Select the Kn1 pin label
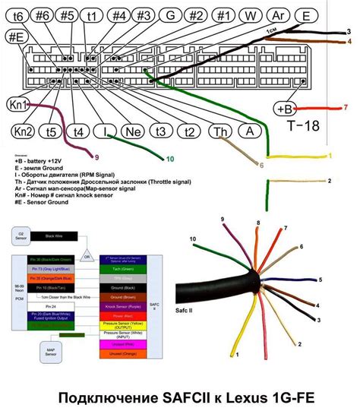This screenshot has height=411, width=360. point(21,105)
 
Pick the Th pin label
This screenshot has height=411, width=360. point(219,131)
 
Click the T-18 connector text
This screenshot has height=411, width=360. point(305,127)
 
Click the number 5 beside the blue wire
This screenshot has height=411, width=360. point(321,280)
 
